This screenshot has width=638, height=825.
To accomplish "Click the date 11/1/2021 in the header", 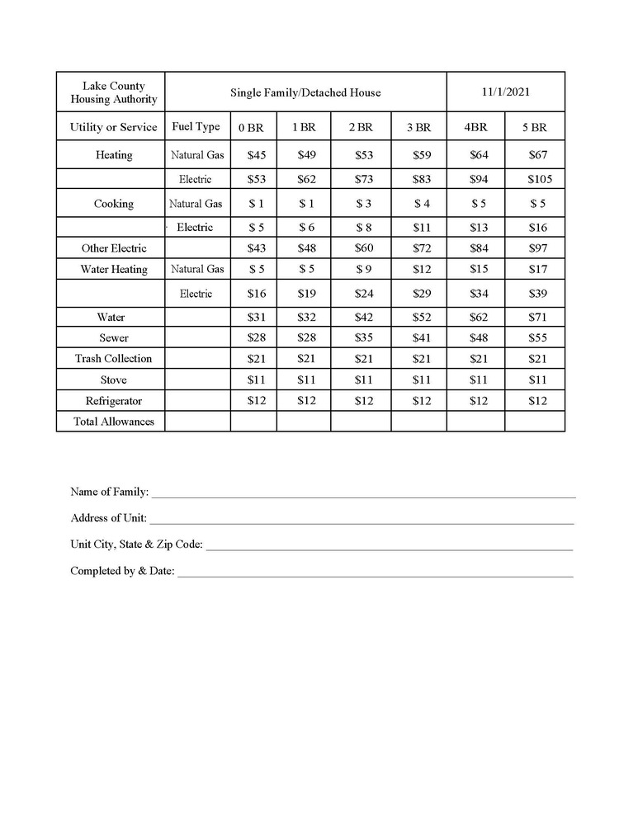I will [505, 92].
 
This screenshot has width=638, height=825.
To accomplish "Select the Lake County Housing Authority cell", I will [114, 92].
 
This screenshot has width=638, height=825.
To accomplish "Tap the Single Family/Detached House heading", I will [305, 92].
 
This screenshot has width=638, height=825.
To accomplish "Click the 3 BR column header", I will [418, 127].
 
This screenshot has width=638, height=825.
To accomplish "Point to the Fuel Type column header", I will [196, 127].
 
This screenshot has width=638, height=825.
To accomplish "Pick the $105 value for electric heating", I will [539, 179].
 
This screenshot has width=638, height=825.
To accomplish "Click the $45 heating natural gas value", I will [257, 155].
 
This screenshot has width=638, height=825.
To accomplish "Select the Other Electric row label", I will [114, 248].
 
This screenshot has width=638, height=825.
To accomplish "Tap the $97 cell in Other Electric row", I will [538, 248].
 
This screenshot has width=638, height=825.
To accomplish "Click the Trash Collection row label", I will [114, 359].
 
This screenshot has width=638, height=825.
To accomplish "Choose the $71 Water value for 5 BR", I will [538, 317].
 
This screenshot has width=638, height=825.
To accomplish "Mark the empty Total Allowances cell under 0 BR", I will [253, 422].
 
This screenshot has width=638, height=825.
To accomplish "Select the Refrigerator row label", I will [114, 401].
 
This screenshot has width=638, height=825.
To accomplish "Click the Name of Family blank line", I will [363, 493].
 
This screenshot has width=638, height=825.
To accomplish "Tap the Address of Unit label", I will [109, 518].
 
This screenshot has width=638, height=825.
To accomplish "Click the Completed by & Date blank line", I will [375, 573].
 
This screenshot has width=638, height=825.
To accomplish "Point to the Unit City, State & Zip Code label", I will [136, 544].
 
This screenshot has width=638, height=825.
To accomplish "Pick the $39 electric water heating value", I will [538, 294].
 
